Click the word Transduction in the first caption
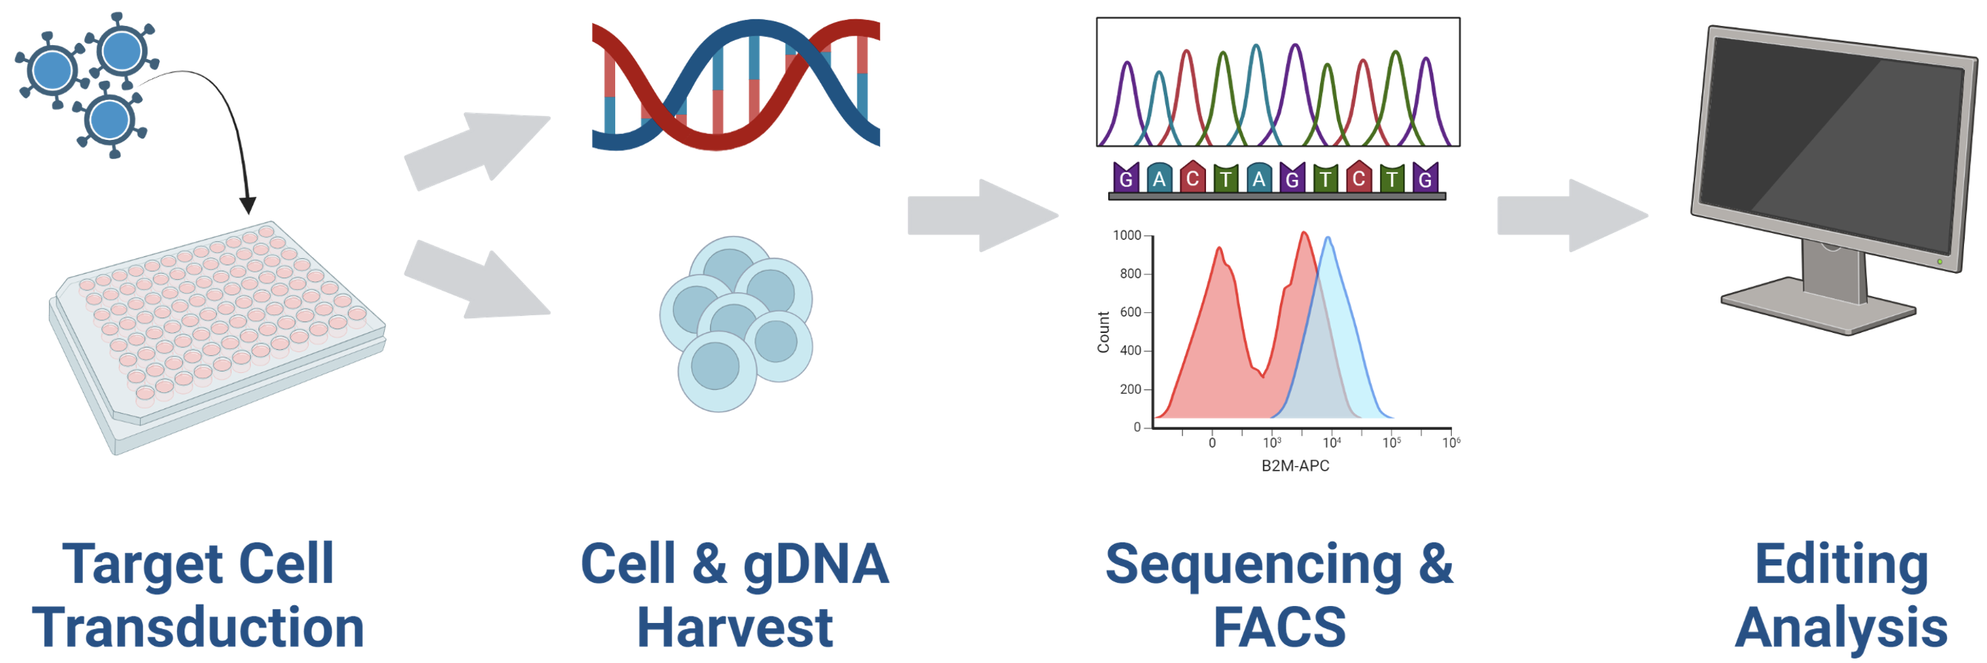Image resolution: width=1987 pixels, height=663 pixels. [x=198, y=627]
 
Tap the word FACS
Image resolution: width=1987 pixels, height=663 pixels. [x=1280, y=627]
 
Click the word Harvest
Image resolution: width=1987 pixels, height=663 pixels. [x=734, y=627]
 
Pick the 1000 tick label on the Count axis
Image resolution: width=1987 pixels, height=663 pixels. [x=1126, y=235]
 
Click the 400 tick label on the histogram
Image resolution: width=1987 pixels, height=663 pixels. [x=1130, y=351]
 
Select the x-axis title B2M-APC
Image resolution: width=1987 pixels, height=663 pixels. [x=1295, y=465]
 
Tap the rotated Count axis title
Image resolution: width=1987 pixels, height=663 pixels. [x=1103, y=332]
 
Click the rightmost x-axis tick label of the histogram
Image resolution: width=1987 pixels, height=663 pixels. [x=1451, y=442]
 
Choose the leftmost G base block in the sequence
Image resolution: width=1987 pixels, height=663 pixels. [x=1126, y=178]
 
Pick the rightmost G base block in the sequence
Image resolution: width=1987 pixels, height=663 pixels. [x=1425, y=178]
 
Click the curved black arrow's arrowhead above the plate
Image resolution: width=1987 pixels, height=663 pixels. [x=247, y=205]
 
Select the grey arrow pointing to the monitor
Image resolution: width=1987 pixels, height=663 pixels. [x=1572, y=216]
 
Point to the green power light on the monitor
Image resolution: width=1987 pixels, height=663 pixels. [x=1940, y=262]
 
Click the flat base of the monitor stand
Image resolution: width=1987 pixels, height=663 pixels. [x=1818, y=306]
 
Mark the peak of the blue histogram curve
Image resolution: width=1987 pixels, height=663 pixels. [x=1327, y=238]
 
